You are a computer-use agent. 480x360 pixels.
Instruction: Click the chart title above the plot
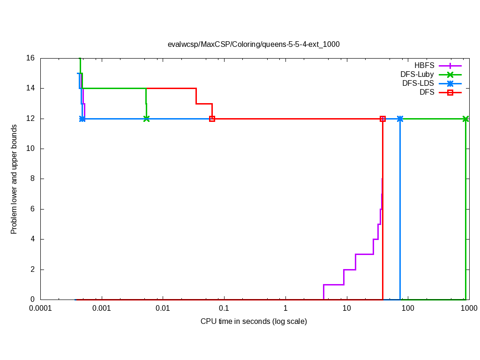coord(254,45)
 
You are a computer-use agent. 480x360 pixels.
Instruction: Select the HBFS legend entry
coord(424,66)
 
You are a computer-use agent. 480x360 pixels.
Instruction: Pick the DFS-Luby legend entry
coord(417,75)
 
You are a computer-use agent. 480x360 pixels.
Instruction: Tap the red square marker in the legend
coord(450,92)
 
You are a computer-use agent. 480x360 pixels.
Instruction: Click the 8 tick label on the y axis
coord(32,179)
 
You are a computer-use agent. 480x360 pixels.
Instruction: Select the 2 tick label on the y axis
coord(32,270)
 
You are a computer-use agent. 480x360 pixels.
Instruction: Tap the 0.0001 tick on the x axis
coord(40,308)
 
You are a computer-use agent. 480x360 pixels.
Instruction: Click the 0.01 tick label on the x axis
coord(163,308)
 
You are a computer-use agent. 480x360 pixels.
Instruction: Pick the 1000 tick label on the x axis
coord(469,308)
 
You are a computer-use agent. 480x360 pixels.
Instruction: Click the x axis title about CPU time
coord(254,322)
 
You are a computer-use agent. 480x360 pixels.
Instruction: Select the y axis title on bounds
coord(14,179)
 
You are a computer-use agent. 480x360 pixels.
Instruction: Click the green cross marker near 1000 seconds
coord(465,119)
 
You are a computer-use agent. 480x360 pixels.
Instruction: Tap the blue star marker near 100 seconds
coord(400,119)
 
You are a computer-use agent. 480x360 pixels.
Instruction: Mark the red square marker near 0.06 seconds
coord(212,119)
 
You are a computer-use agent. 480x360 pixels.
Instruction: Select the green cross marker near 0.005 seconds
coord(146,119)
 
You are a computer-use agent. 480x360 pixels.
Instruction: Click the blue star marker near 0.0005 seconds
coord(82,119)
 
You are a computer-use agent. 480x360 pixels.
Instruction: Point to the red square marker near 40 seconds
coord(382,119)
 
